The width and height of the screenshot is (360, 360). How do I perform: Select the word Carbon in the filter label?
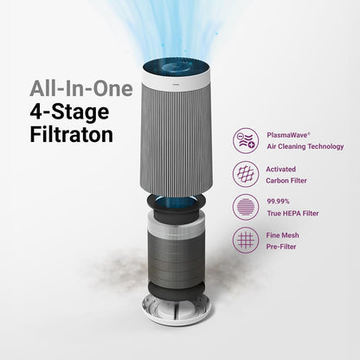286,179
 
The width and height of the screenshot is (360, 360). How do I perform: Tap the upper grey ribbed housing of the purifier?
180,130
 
